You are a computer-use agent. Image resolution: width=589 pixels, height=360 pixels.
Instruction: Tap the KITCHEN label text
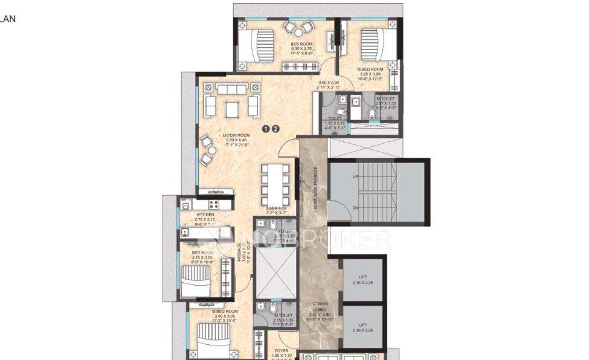point(205,215)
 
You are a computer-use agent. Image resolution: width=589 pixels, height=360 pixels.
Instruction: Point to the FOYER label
point(282,350)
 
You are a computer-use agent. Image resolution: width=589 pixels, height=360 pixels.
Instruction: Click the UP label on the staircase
point(356,177)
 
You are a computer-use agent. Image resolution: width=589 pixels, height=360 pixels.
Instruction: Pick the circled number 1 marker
point(265,128)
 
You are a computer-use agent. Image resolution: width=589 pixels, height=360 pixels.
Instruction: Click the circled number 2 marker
point(275,128)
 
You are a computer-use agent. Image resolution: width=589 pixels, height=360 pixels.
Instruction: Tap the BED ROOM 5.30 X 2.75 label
point(301,45)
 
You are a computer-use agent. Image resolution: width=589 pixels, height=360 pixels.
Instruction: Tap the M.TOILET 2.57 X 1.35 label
point(385,99)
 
